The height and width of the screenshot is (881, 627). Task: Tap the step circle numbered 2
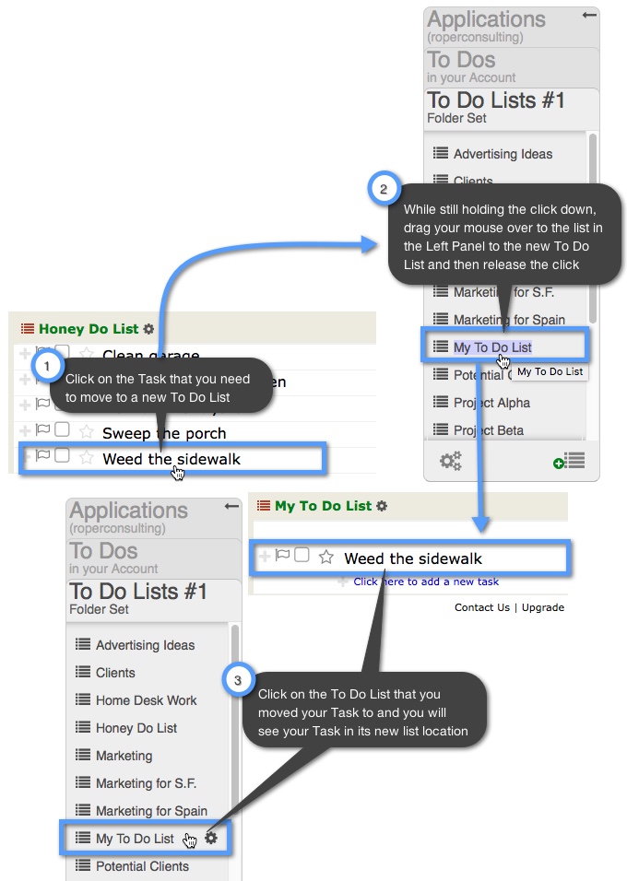pyautogui.click(x=384, y=189)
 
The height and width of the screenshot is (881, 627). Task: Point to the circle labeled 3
pyautogui.click(x=239, y=680)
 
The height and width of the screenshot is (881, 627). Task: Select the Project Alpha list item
pyautogui.click(x=491, y=403)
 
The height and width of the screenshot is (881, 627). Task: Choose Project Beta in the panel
pyautogui.click(x=490, y=430)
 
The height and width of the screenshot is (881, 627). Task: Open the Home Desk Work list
pyautogui.click(x=146, y=700)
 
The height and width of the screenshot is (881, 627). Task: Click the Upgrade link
pyautogui.click(x=543, y=607)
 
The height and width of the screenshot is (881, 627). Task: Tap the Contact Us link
pyautogui.click(x=482, y=607)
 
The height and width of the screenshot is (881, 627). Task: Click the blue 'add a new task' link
pyautogui.click(x=426, y=581)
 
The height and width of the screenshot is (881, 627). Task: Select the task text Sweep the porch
pyautogui.click(x=164, y=433)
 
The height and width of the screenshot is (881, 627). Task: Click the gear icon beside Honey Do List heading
pyautogui.click(x=149, y=329)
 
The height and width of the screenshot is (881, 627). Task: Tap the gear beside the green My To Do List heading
pyautogui.click(x=383, y=506)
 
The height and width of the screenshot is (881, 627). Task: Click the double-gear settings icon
pyautogui.click(x=451, y=461)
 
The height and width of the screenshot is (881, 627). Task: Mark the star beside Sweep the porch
pyautogui.click(x=87, y=431)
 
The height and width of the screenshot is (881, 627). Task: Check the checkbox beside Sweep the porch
pyautogui.click(x=62, y=429)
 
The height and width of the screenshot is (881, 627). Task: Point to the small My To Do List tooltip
pyautogui.click(x=550, y=371)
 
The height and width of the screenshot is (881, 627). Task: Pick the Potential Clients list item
pyautogui.click(x=142, y=866)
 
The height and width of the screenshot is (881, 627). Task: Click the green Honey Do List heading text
pyautogui.click(x=89, y=329)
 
